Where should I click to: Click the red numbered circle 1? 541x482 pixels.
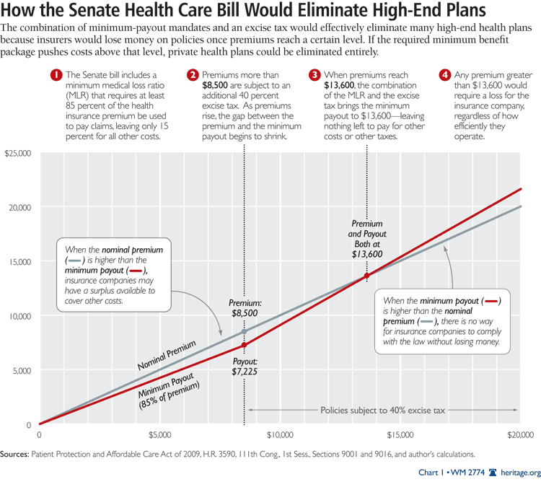(x=55, y=74)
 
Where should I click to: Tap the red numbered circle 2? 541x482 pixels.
(x=193, y=74)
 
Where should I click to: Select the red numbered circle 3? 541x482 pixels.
(x=315, y=74)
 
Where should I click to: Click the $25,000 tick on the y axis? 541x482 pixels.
(x=19, y=153)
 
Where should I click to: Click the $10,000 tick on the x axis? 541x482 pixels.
(x=279, y=435)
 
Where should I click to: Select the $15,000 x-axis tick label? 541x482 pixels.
(x=399, y=435)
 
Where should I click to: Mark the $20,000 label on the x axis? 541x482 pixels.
(x=519, y=435)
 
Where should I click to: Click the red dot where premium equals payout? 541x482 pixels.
(x=366, y=276)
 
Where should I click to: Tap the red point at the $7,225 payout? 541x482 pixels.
(x=244, y=346)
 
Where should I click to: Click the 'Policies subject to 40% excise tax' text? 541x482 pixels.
(x=383, y=410)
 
